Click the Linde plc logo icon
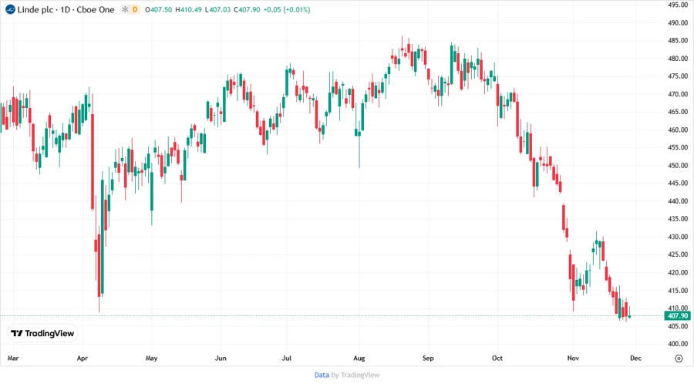[8, 8]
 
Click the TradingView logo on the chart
[42, 333]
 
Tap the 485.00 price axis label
[678, 41]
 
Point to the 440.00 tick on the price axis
[678, 201]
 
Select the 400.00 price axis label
[678, 344]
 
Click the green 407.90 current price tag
[678, 316]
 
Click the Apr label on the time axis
[83, 359]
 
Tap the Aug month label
[359, 359]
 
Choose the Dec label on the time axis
[635, 359]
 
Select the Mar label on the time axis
[12, 359]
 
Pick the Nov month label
[572, 359]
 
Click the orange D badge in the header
[136, 8]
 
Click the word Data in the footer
[322, 375]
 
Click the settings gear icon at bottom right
[679, 359]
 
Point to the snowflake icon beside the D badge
[124, 8]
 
